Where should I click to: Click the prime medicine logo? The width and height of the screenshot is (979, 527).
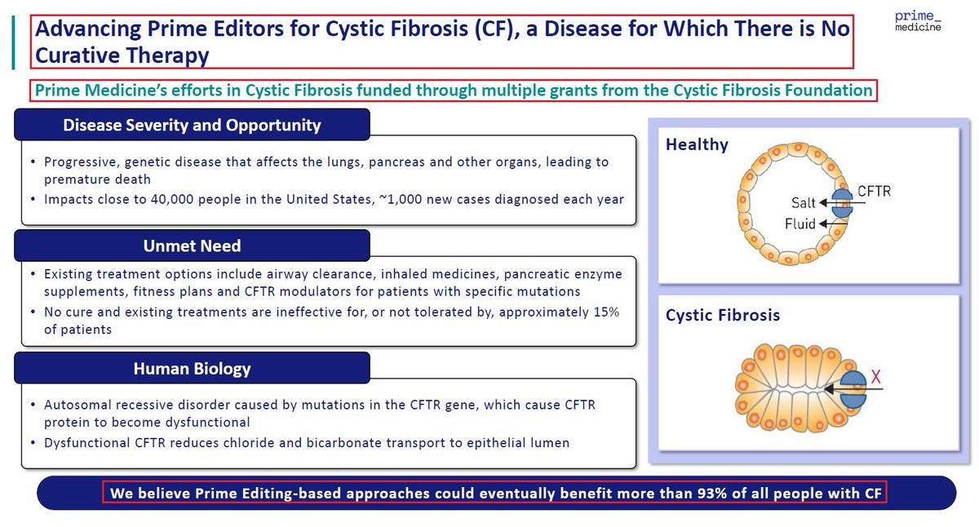pos(918,21)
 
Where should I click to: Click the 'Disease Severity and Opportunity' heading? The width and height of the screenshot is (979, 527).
pos(192,125)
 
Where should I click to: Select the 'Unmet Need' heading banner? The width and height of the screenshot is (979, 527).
pos(192,246)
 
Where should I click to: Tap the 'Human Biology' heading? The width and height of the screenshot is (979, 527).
pos(192,369)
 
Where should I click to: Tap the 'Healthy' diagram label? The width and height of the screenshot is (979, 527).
pos(697,144)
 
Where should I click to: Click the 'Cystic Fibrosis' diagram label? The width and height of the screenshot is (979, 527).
pos(723,315)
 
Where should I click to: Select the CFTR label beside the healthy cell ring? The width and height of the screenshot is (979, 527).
pos(874,191)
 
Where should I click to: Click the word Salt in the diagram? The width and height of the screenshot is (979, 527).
pos(804,203)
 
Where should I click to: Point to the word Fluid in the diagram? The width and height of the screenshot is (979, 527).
pos(800,224)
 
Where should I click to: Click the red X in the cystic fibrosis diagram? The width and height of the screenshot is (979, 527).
pos(876,376)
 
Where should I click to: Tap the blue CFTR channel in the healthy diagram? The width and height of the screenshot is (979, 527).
pos(842,203)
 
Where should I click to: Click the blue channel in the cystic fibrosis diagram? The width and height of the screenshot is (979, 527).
pos(853,390)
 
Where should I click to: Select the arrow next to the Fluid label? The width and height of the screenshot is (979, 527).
pos(833,224)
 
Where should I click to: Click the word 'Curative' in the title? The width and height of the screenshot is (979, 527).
pos(78,55)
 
